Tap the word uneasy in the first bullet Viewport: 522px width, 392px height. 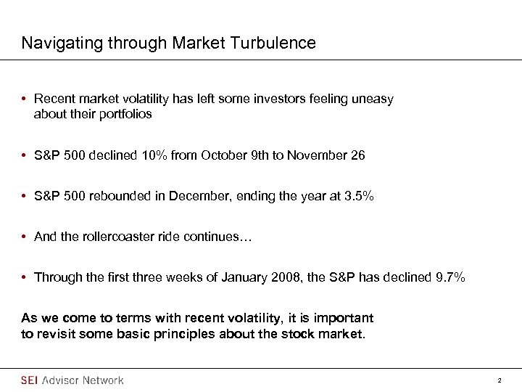373,99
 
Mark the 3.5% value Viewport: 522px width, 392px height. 360,196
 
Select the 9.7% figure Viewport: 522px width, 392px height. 450,277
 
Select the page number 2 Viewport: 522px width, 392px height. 500,380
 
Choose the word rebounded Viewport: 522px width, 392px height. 115,196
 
